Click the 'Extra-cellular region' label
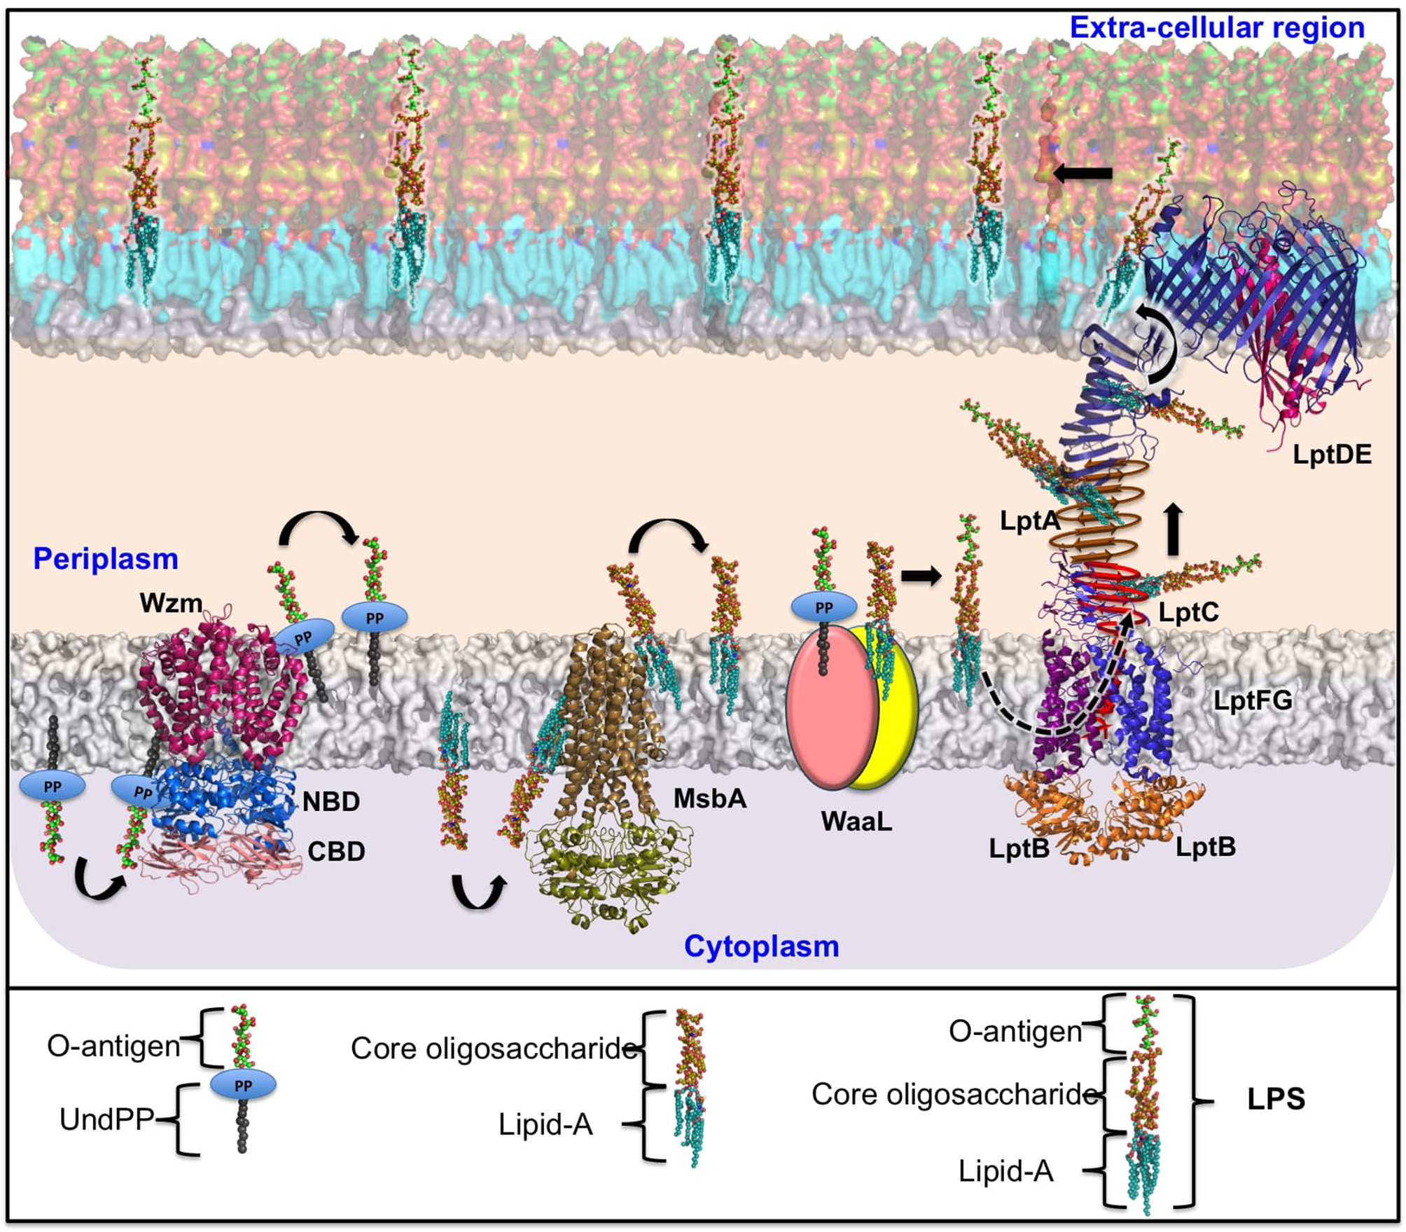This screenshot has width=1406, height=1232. pos(1217,28)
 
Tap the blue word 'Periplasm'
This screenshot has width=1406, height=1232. pos(106,559)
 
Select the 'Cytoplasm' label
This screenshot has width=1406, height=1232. pos(761,946)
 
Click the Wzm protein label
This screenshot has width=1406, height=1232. pos(171,603)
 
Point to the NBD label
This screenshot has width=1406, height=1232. pos(331,801)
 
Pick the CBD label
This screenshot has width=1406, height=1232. pos(336,852)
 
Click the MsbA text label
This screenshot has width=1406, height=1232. pos(709,798)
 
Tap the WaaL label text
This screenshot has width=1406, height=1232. pos(856,822)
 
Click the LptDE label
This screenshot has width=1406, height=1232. pos(1332,455)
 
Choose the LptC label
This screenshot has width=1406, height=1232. pos(1188,613)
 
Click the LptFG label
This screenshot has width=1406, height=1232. pos(1253,700)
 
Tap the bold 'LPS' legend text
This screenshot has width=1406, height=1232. pos(1276,1099)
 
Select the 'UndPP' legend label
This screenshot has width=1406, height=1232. pos(106,1119)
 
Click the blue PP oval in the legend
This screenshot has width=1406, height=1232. pos(243,1086)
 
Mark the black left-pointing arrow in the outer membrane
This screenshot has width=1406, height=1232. pos(1083,173)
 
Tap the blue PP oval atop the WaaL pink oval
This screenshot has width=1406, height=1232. pos(823,607)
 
